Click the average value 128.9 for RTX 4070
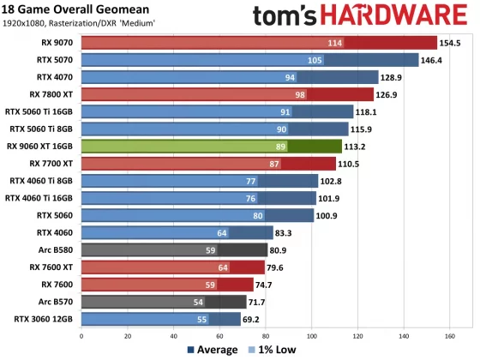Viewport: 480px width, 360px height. pyautogui.click(x=391, y=77)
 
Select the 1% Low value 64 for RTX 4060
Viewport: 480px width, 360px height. pyautogui.click(x=222, y=232)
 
